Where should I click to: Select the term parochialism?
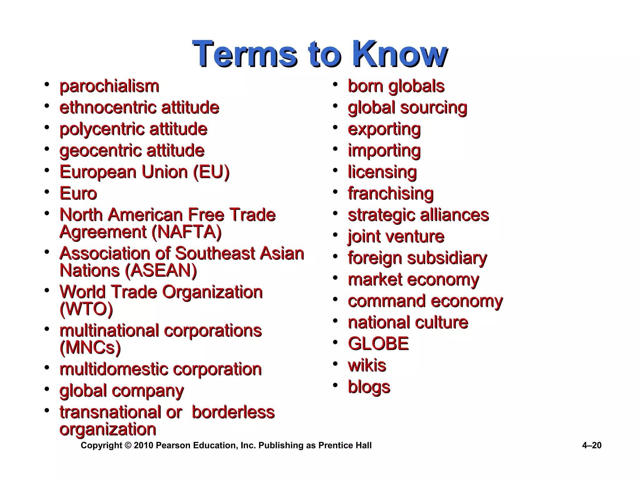click(109, 86)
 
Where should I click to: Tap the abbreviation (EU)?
click(211, 172)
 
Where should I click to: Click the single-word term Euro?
click(78, 193)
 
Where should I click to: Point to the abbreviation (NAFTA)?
click(186, 232)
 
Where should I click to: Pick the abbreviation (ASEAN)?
click(161, 271)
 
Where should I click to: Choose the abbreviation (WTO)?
click(86, 309)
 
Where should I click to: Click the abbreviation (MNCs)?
click(90, 347)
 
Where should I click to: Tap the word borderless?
click(233, 412)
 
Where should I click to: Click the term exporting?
click(384, 129)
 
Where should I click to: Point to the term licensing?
click(382, 172)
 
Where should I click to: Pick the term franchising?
click(391, 194)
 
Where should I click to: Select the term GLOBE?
click(378, 344)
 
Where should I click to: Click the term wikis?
click(367, 365)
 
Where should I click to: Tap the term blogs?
click(369, 387)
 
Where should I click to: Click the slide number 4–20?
click(592, 445)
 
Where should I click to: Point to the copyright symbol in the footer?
click(128, 445)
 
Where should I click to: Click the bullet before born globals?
click(335, 84)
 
